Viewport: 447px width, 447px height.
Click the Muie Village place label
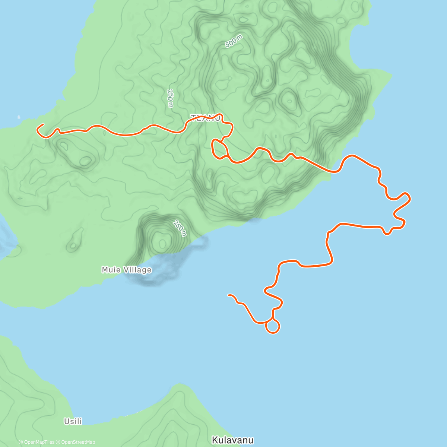pyautogui.click(x=126, y=270)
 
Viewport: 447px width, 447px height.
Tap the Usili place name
pyautogui.click(x=73, y=421)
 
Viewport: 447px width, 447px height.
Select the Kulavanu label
pyautogui.click(x=232, y=440)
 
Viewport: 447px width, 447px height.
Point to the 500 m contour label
pyautogui.click(x=234, y=41)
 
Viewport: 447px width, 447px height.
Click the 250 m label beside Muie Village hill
pyautogui.click(x=180, y=228)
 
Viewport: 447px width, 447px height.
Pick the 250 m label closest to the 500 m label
pyautogui.click(x=170, y=98)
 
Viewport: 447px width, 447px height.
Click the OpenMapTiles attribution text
pyautogui.click(x=39, y=442)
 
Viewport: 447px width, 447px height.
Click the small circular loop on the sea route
pyautogui.click(x=272, y=326)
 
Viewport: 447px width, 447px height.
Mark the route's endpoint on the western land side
pyautogui.click(x=43, y=124)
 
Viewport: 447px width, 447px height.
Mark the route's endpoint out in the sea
pyautogui.click(x=228, y=295)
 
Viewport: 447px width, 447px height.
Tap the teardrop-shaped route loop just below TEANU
pyautogui.click(x=219, y=149)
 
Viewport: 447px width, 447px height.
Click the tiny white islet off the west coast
pyautogui.click(x=19, y=117)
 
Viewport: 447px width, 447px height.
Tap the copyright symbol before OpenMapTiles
pyautogui.click(x=21, y=442)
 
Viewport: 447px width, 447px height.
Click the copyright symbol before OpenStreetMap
pyautogui.click(x=58, y=442)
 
